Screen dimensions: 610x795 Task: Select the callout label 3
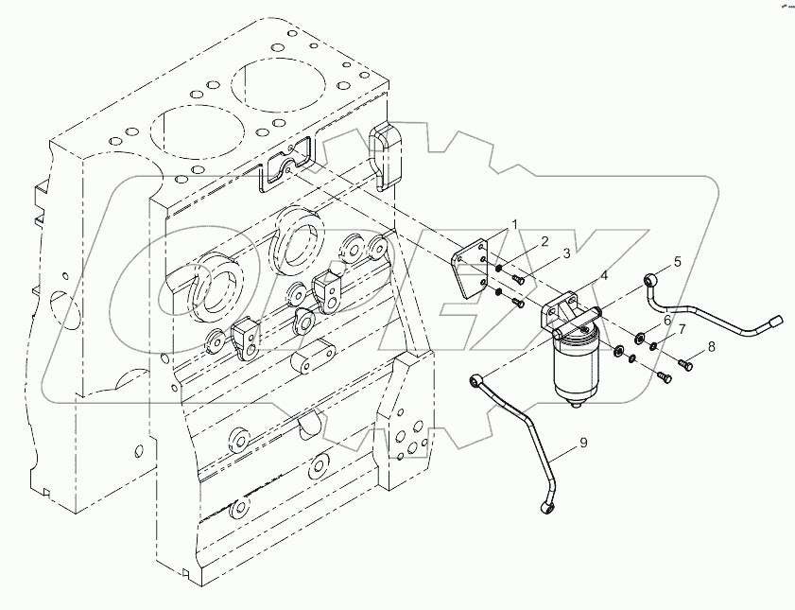coord(565,253)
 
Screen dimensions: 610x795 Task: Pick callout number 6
coord(667,320)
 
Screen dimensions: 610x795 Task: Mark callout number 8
coord(712,347)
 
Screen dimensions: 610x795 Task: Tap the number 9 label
coord(583,441)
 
